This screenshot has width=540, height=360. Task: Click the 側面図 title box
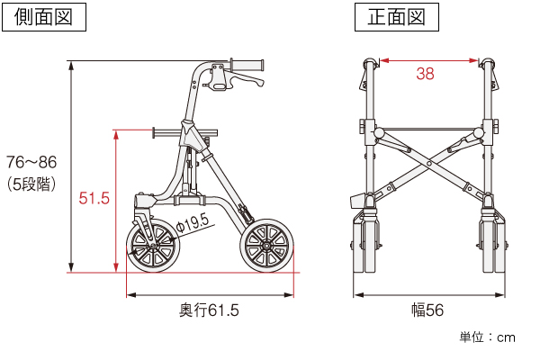pos(44,17)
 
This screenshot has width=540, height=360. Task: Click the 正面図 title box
pos(397,17)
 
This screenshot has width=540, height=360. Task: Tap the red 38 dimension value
pos(425,74)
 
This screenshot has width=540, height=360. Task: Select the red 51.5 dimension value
pos(94,198)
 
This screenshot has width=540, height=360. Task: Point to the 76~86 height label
pos(31,162)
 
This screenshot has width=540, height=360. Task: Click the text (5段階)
pos(31,184)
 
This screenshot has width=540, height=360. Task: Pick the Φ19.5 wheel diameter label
pos(193,224)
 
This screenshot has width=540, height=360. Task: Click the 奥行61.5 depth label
pos(209,310)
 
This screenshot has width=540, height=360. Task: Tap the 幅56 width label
pos(427,310)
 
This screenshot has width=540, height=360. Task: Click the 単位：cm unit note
pos(487,337)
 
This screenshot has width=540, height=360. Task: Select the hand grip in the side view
pos(247,65)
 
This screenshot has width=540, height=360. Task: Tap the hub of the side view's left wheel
pos(153,246)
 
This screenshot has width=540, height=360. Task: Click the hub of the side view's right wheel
pos(267,246)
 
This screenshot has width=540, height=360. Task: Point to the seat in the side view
pos(184,132)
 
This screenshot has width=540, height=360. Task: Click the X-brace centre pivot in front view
pos(429,163)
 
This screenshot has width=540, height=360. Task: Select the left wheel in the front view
pos(365,242)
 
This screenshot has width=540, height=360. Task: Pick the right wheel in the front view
pos(493,242)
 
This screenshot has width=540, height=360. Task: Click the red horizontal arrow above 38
pos(429,61)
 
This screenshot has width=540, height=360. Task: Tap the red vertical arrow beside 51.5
pos(116,202)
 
